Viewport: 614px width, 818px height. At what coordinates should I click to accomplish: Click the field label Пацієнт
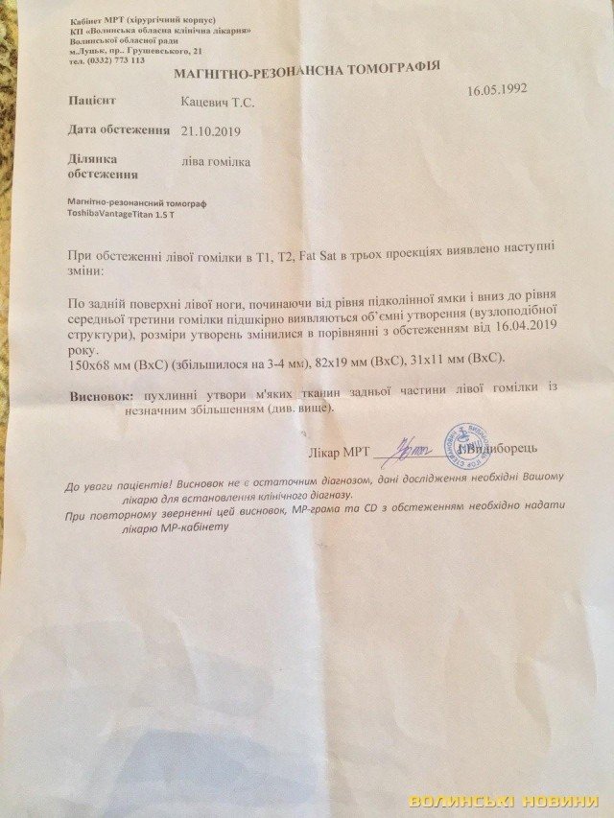click(x=95, y=99)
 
